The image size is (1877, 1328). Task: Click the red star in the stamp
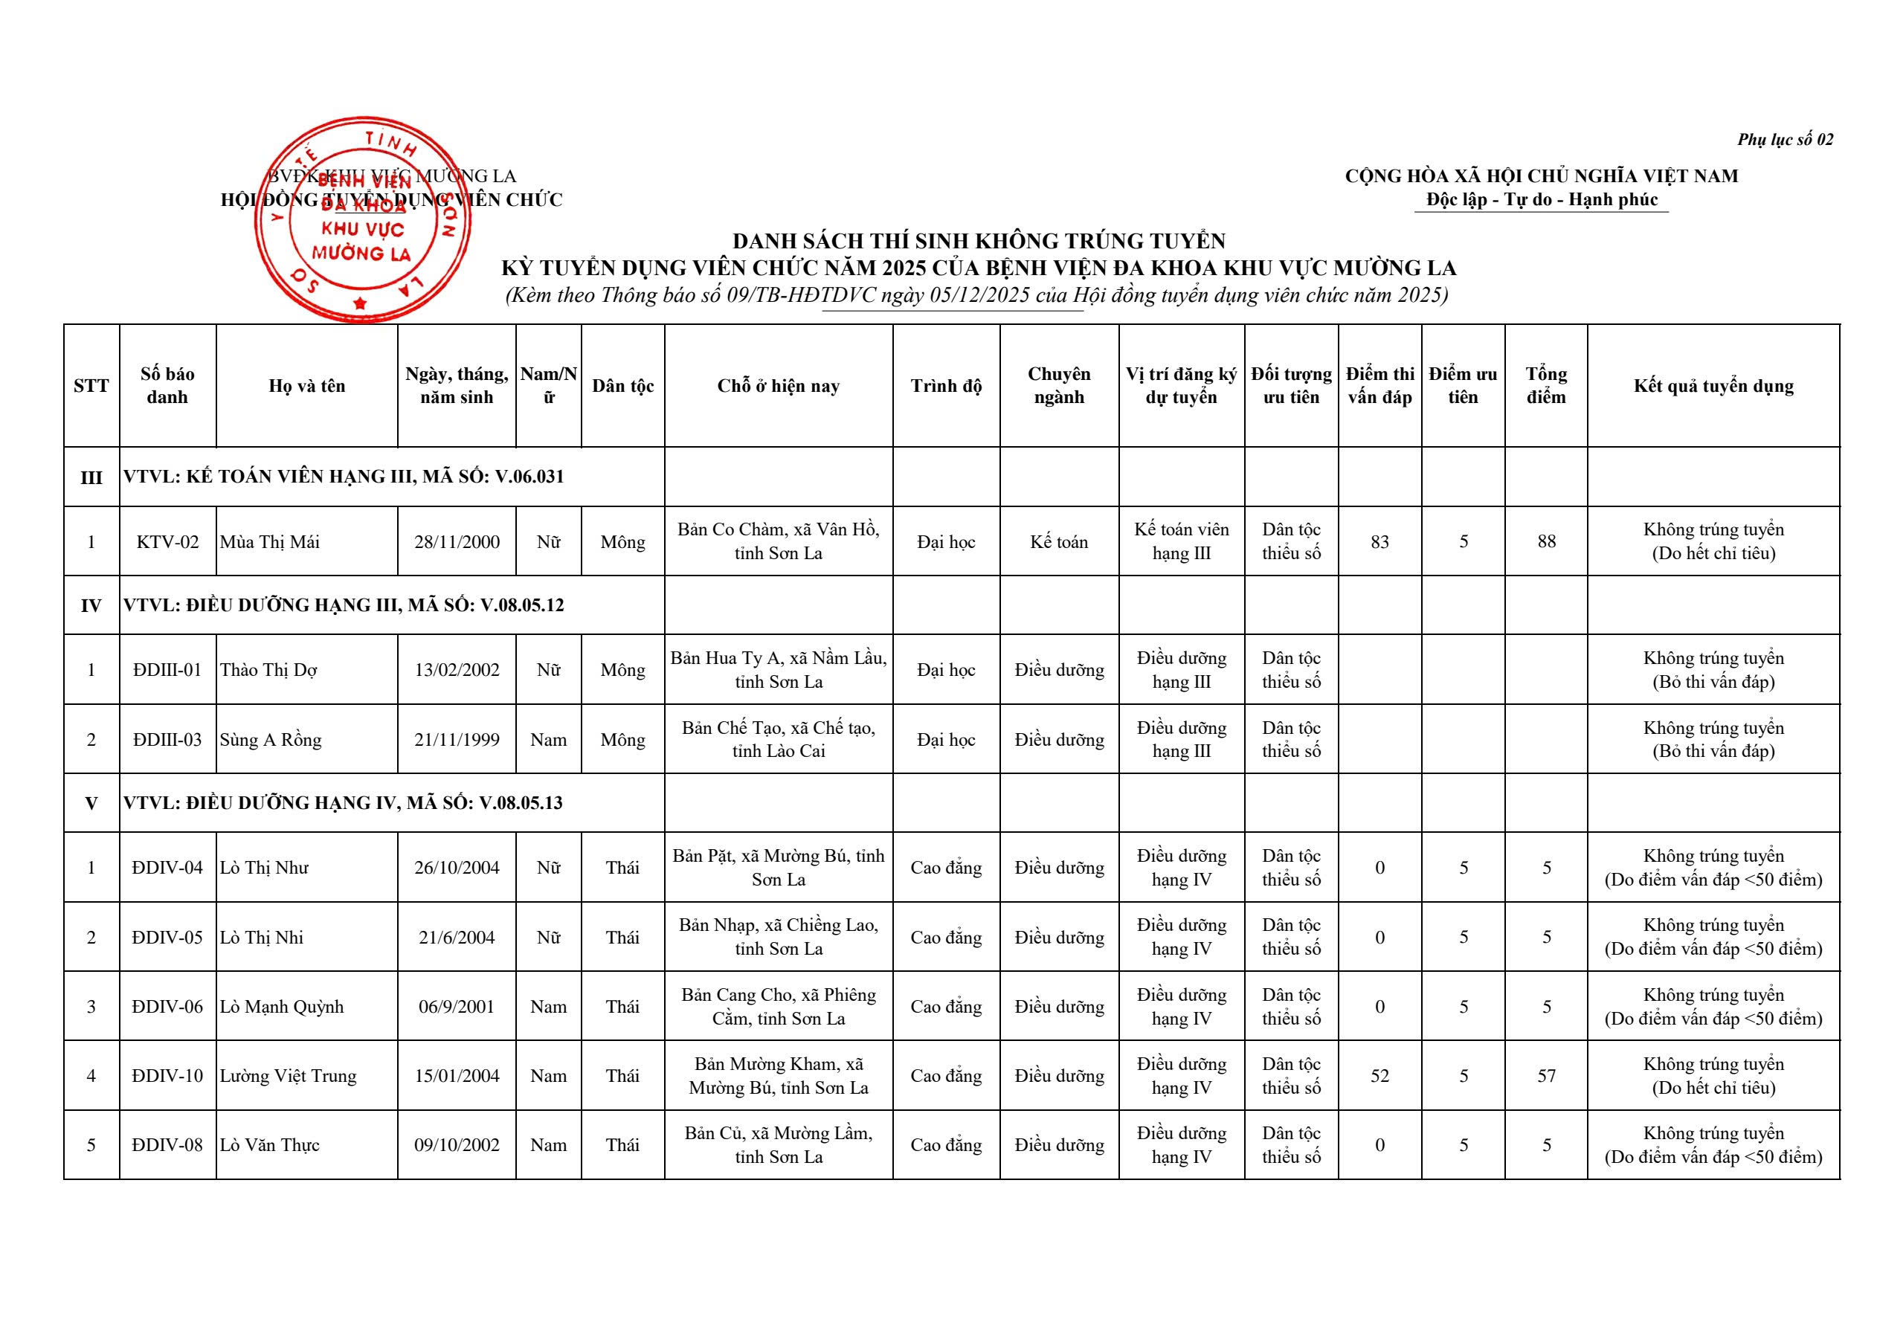click(360, 304)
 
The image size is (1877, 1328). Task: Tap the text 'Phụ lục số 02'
click(1786, 140)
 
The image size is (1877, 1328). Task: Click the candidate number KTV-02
click(167, 542)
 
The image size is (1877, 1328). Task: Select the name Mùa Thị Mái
click(270, 542)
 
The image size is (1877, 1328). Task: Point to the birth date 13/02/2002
click(457, 671)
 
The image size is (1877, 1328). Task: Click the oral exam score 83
click(1379, 542)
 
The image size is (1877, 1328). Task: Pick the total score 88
click(1546, 542)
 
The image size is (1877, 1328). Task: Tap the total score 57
click(1546, 1076)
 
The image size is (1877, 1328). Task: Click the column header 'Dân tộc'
click(622, 386)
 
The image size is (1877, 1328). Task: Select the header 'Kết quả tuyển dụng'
click(1713, 386)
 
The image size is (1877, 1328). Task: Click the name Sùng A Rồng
click(271, 740)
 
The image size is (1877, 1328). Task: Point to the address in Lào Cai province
click(779, 739)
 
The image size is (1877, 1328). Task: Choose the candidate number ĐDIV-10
click(167, 1076)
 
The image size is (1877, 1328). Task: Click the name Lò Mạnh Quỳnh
click(282, 1008)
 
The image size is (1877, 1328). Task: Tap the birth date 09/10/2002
click(457, 1146)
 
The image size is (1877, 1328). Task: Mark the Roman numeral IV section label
click(91, 606)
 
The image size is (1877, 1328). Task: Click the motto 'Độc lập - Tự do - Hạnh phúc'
click(1542, 199)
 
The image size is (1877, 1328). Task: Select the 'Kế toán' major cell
click(1058, 542)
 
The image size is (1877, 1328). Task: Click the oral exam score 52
click(1379, 1076)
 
